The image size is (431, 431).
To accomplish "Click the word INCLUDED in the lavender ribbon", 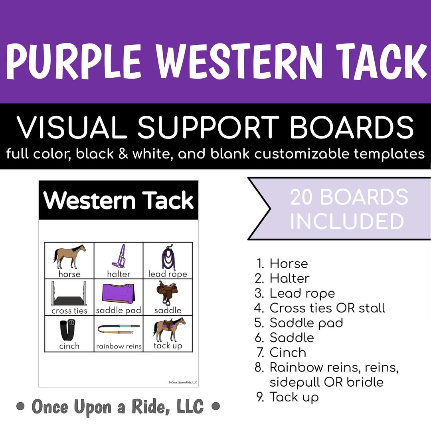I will coord(347,221).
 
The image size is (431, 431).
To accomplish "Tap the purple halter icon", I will coord(119,256).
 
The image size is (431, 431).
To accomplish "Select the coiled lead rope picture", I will coord(168,257).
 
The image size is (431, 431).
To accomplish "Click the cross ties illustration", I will coord(69,294).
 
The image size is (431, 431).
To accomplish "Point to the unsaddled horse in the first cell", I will coord(69,257).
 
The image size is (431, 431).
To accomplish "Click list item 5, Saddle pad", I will coord(306,323).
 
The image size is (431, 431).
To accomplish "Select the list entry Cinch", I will coord(288,352).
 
